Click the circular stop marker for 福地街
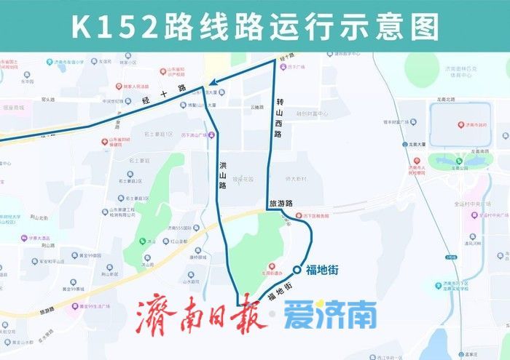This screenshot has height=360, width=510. click(x=297, y=271)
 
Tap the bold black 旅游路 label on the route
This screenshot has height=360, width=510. click(x=280, y=204)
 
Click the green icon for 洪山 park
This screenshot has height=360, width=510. click(x=141, y=241)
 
